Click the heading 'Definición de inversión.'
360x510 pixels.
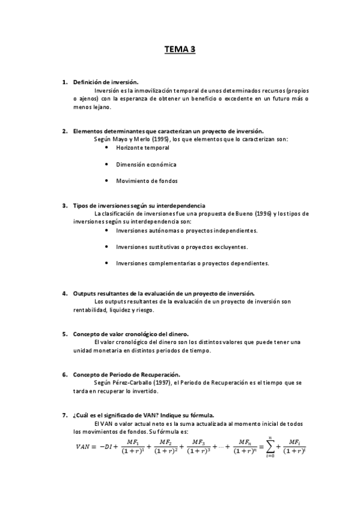click(106, 82)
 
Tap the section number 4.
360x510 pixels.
click(64, 293)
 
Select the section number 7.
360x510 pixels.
click(64, 415)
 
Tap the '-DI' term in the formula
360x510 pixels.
click(107, 447)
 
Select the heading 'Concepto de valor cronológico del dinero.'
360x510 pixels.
click(131, 334)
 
